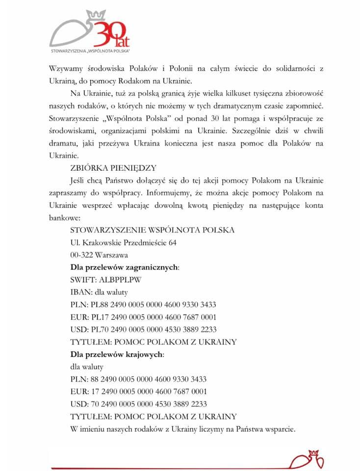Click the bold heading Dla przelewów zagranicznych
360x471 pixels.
125,267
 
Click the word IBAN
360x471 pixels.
79,292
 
